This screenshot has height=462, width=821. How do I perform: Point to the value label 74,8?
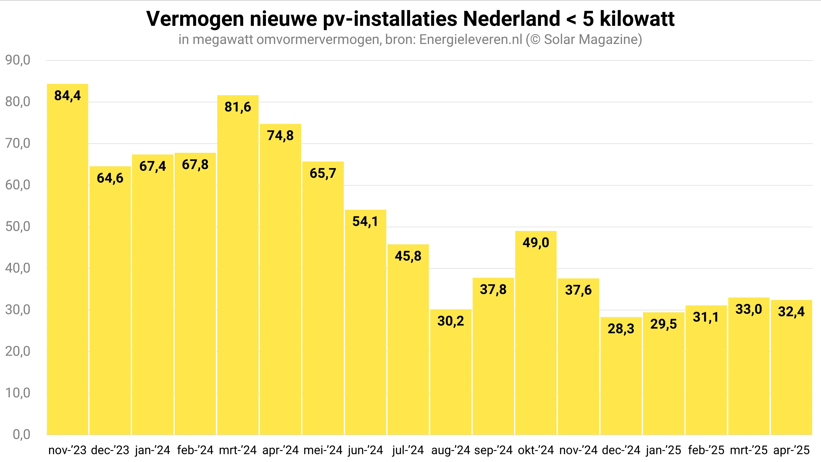click(280, 135)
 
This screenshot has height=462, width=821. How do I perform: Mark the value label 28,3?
click(621, 329)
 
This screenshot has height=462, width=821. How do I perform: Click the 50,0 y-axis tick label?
click(18, 227)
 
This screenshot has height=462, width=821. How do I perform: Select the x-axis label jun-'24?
click(365, 450)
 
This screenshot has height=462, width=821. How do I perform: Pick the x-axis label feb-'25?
click(706, 450)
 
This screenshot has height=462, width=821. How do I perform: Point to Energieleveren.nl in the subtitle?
click(471, 40)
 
